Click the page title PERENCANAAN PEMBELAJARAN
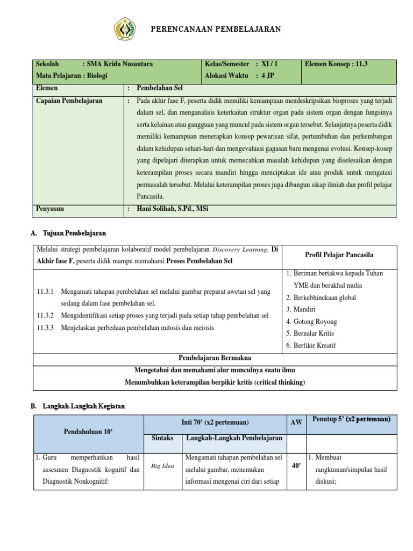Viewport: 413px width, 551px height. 215,29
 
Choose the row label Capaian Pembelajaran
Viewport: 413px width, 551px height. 69,101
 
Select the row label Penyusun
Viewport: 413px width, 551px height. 51,208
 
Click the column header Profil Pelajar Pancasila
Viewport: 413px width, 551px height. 339,255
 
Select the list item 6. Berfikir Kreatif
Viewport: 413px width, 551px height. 311,345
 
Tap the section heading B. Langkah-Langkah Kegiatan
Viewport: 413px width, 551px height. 79,407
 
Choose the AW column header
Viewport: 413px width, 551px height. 296,423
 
